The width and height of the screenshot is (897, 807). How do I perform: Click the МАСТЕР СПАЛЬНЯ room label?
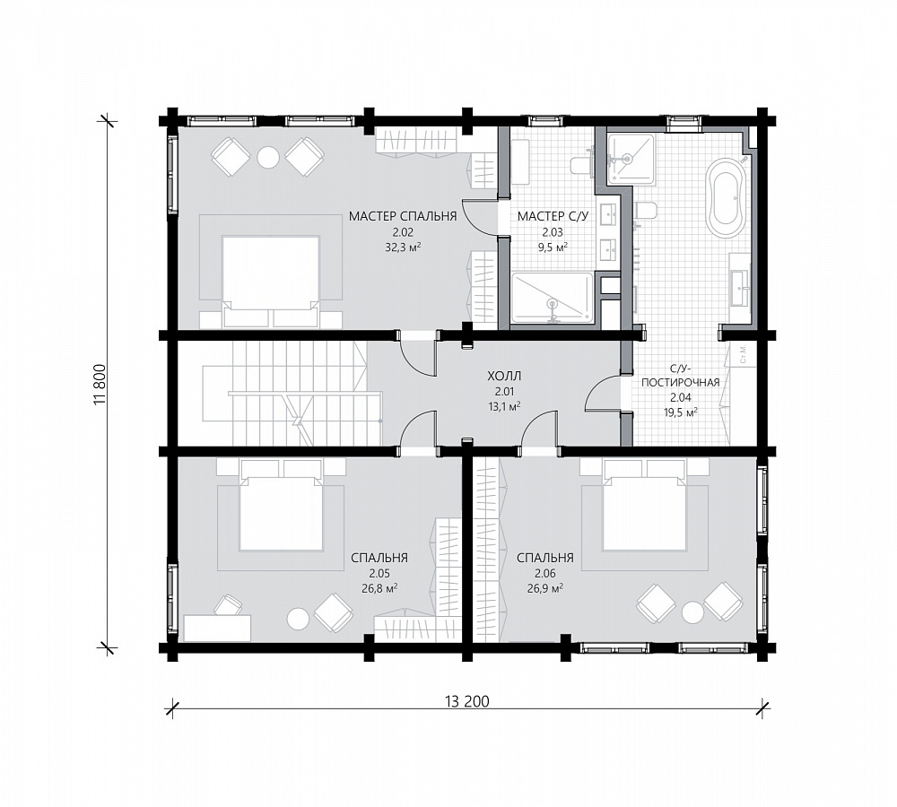click(x=403, y=216)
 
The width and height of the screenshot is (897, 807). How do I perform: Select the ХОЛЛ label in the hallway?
click(x=504, y=377)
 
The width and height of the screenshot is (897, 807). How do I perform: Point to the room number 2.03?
click(x=553, y=233)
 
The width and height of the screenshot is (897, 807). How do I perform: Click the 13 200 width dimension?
click(x=466, y=702)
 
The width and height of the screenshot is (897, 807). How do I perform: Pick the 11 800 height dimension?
click(x=100, y=384)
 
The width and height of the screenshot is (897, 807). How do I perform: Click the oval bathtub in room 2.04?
click(x=727, y=197)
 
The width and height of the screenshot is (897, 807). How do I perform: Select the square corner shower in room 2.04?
click(x=631, y=160)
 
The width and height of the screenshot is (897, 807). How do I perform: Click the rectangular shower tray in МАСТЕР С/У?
click(x=552, y=298)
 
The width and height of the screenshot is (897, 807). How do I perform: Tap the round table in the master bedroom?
click(x=267, y=157)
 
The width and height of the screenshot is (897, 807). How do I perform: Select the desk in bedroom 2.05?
click(x=218, y=628)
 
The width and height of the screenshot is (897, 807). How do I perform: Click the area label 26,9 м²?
click(x=545, y=588)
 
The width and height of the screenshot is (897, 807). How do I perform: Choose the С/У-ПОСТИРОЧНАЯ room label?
click(x=680, y=375)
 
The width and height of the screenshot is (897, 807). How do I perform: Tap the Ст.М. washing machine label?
click(x=742, y=355)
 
